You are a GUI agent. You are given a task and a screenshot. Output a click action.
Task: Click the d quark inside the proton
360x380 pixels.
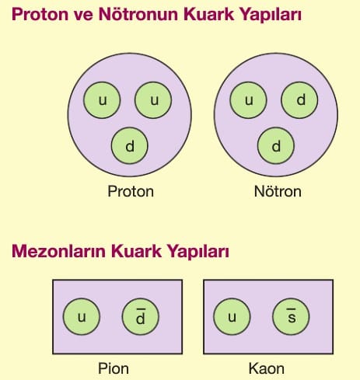pos(130,145)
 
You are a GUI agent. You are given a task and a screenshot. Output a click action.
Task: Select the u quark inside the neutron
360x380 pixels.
pos(248,100)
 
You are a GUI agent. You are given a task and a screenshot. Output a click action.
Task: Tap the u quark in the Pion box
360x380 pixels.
pos(82,316)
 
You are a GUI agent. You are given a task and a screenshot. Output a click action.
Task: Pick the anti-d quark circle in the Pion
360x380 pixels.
pos(140,316)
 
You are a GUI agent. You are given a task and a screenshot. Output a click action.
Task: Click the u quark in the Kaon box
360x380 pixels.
pos(232,316)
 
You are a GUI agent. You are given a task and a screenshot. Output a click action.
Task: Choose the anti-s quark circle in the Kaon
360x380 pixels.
pos(291,316)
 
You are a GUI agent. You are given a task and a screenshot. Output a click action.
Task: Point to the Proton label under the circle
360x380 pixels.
pos(131,191)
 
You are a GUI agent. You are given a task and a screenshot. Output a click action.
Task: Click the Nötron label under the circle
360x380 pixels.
pos(278,191)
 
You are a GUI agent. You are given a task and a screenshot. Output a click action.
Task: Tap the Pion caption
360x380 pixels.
pos(114,368)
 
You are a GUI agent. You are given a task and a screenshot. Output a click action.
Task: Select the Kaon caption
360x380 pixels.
pos(267,368)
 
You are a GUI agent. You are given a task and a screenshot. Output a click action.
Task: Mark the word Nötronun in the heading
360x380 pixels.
pos(139,14)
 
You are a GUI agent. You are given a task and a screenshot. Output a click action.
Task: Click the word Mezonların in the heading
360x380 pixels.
pos(58,251)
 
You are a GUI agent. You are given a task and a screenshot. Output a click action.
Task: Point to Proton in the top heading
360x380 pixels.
pos(40,14)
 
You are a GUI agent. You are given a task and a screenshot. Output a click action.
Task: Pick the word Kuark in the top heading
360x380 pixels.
pos(208,14)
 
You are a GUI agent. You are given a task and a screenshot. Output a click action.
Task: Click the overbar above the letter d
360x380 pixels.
pos(141,309)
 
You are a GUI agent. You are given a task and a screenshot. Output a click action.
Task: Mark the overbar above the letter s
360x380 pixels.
pos(291,309)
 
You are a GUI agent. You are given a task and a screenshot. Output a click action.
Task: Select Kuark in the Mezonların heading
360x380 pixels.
pos(136,251)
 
